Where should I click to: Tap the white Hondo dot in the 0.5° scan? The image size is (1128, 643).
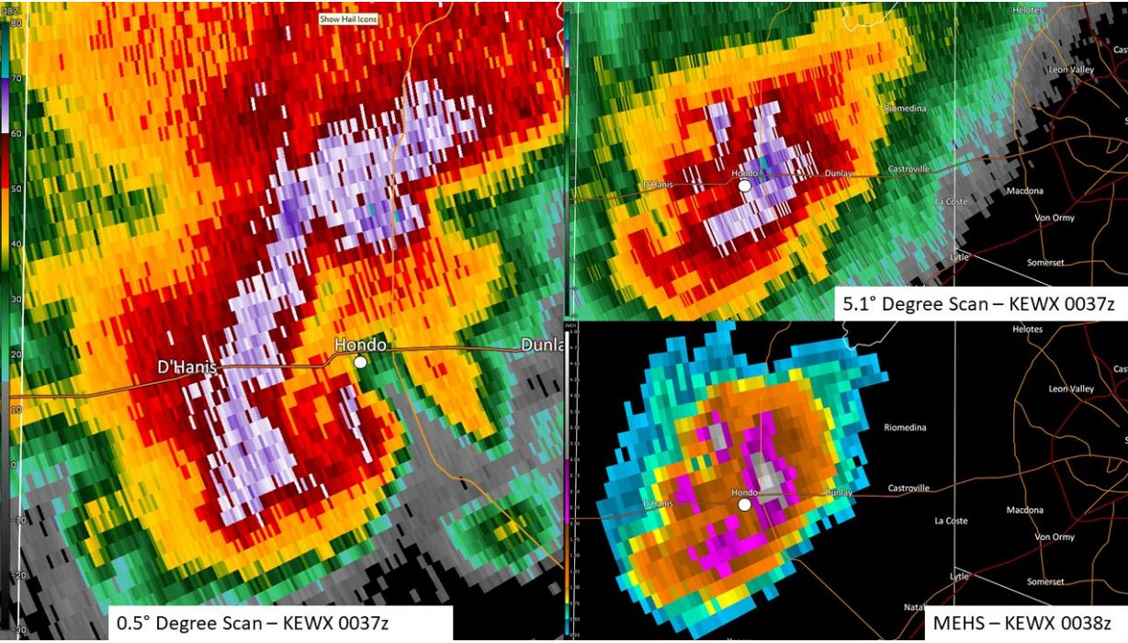pos(361,363)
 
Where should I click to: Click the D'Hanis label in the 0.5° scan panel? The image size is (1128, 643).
pos(187,367)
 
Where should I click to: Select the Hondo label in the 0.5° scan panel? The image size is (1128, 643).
pos(359,345)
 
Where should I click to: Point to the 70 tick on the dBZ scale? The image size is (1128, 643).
pos(17,79)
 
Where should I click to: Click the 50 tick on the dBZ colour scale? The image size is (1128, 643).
pos(17,188)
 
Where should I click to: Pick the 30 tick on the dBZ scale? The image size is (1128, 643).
pos(17,299)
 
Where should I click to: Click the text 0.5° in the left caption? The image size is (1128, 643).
pos(132,624)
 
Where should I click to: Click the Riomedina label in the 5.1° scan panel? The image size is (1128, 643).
pos(905,108)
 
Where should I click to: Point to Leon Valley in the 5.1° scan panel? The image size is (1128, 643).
pos(1070,71)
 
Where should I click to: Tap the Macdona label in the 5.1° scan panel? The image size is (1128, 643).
pos(1024,191)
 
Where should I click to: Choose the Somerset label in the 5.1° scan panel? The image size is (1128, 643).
pos(1045,263)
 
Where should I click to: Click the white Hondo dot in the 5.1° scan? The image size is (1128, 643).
pos(745,185)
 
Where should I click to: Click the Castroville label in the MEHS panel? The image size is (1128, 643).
pos(908,488)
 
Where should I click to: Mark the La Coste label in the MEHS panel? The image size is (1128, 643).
pos(951,521)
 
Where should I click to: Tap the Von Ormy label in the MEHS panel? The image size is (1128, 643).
pos(1054,536)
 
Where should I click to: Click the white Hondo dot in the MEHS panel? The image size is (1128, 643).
pos(745,503)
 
